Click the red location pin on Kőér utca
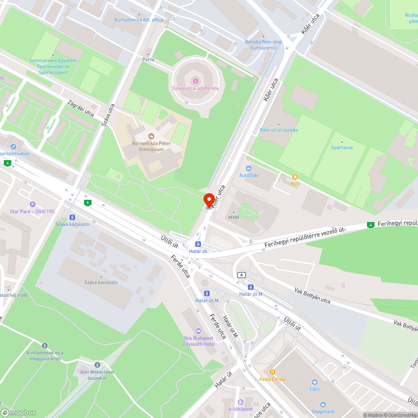[209, 199]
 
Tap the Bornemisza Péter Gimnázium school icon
[151, 136]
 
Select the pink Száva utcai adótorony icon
[195, 81]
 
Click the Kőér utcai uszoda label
[279, 130]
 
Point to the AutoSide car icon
[249, 168]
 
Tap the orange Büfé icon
[295, 177]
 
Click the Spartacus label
[342, 148]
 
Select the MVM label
[233, 217]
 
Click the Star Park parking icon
[33, 204]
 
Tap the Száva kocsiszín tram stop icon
[72, 217]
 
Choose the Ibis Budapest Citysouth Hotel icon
[199, 331]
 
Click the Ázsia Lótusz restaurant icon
[272, 372]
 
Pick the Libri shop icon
[314, 382]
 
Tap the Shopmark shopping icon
[323, 405]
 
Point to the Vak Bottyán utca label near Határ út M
[312, 296]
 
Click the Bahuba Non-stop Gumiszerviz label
[263, 44]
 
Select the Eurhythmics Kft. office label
[139, 20]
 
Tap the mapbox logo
[18, 412]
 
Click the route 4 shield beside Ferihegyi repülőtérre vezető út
[370, 225]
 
